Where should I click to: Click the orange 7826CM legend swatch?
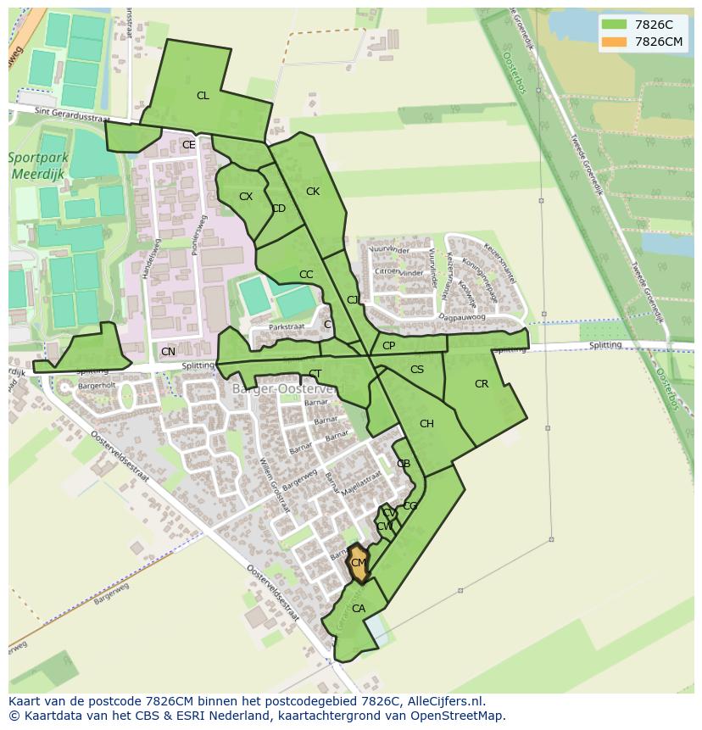(x=615, y=42)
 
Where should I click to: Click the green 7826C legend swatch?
(x=615, y=24)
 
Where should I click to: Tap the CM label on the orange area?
(x=359, y=563)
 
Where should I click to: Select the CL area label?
(x=203, y=96)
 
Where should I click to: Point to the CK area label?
(x=313, y=192)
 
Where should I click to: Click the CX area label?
(x=246, y=197)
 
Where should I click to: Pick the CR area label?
(x=482, y=384)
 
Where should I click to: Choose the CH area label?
(x=426, y=424)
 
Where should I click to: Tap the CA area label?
(x=359, y=609)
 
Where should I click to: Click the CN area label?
(x=168, y=352)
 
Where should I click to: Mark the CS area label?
(x=417, y=370)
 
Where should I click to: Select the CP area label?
(x=388, y=346)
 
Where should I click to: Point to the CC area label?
(x=306, y=275)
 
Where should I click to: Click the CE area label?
(x=189, y=145)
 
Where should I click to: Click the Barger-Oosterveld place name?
(x=284, y=388)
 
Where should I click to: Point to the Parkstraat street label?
(x=286, y=326)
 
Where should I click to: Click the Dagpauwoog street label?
(x=462, y=317)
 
